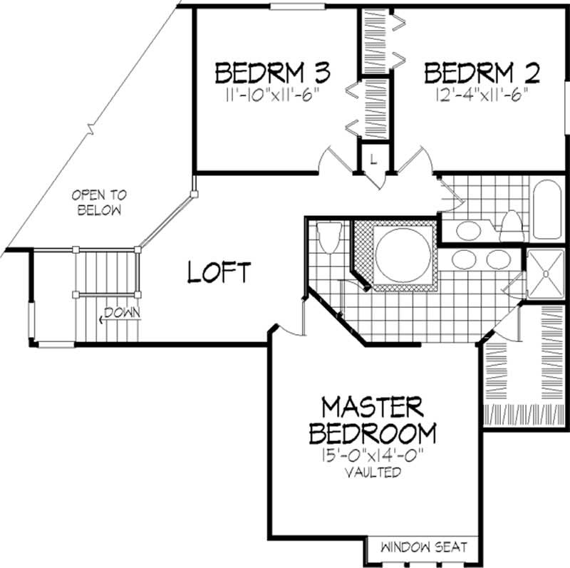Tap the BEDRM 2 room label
[x=482, y=73]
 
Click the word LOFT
[x=219, y=272]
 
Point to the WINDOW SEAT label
[x=423, y=547]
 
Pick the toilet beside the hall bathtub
[x=510, y=225]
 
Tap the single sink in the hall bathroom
[x=468, y=230]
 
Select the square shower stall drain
[x=546, y=272]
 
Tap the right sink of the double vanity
[x=497, y=258]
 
